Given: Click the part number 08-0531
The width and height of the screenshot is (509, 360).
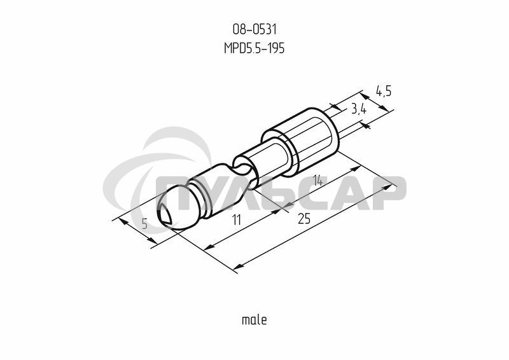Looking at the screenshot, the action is click(x=254, y=29).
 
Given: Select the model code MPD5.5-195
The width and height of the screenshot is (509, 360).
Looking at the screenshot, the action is click(x=254, y=48).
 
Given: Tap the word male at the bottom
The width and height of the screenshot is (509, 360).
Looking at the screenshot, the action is click(x=254, y=320).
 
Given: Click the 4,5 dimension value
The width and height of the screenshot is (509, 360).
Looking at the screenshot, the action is click(x=384, y=91).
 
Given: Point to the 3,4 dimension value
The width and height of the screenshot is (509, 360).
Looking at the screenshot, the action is click(x=359, y=110).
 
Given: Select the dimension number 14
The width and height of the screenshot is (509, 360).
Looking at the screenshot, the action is click(x=317, y=181).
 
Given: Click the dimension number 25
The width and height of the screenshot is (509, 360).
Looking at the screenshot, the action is click(x=304, y=219).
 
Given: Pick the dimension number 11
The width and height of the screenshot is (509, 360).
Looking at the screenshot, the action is click(x=237, y=220).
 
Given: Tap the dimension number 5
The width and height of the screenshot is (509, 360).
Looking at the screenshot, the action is click(x=145, y=224).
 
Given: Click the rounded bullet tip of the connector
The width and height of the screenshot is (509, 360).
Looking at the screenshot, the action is click(x=177, y=208).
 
